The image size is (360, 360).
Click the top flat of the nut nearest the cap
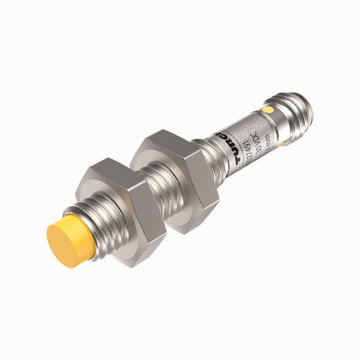pyautogui.click(x=109, y=166)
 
